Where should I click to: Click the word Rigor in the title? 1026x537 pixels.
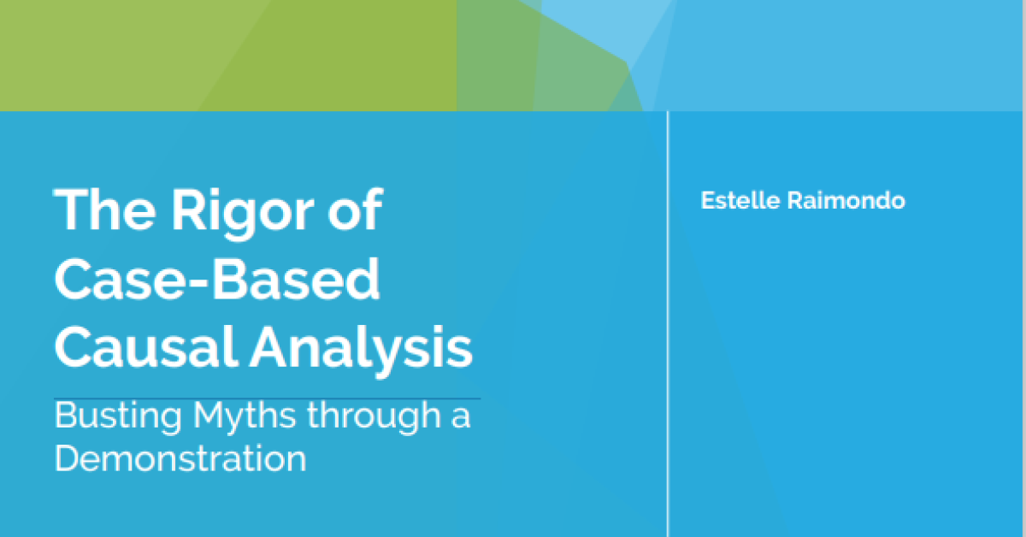pos(243,214)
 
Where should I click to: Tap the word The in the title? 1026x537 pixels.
pos(105,209)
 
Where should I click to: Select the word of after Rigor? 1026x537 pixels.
pos(355,209)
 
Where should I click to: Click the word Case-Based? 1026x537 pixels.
pos(217,278)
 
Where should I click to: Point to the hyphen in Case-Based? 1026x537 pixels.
pos(198,283)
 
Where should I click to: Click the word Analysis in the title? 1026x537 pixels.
pos(361,351)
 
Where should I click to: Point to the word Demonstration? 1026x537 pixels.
pos(180,457)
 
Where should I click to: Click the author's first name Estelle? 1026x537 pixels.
pos(740,200)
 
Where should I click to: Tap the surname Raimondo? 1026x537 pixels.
pos(846,200)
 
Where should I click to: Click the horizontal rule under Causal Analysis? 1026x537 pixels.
pos(267,399)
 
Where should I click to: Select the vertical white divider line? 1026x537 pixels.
pos(668,324)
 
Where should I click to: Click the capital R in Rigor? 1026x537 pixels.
pos(187,209)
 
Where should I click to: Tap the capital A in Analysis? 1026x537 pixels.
pos(268,346)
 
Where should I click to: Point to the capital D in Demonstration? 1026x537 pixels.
pos(68,458)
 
